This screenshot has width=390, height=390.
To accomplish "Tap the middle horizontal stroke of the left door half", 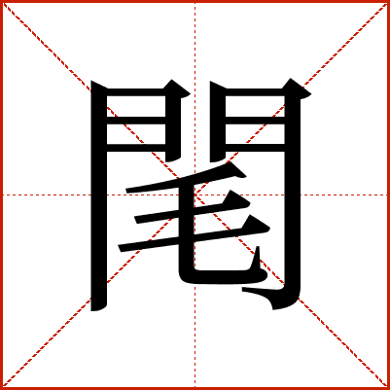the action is pyautogui.click(x=136, y=121).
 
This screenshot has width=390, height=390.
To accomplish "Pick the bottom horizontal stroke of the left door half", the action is pyautogui.click(x=136, y=148).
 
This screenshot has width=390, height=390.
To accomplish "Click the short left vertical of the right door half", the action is pyautogui.click(x=218, y=122).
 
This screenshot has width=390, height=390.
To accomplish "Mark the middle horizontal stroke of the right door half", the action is pyautogui.click(x=255, y=121).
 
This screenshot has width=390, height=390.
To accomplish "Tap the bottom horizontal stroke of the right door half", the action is pyautogui.click(x=255, y=148).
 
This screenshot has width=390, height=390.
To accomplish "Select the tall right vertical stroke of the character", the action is pyautogui.click(x=293, y=195).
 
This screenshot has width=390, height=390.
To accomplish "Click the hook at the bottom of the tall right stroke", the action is pyautogui.click(x=272, y=297).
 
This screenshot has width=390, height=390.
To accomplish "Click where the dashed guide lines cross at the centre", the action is pyautogui.click(x=195, y=195).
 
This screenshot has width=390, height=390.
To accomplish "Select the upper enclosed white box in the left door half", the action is pyautogui.click(x=136, y=106).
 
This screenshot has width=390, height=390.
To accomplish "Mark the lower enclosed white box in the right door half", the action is pyautogui.click(x=255, y=134).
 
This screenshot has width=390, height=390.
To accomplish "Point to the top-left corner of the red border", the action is pyautogui.click(x=1, y=1).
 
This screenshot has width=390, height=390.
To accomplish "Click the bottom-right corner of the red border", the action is pyautogui.click(x=389, y=389).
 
